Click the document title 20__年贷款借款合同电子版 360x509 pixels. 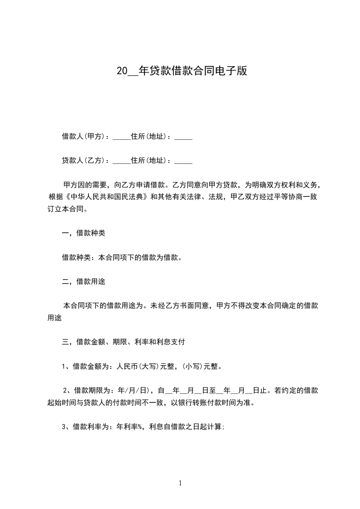182,71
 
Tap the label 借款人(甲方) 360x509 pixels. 84,137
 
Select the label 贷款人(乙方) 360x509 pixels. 84,161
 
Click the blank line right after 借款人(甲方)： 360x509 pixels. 121,137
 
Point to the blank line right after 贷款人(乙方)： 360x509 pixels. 121,162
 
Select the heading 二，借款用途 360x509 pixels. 84,282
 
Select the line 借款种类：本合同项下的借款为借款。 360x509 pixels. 122,258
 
